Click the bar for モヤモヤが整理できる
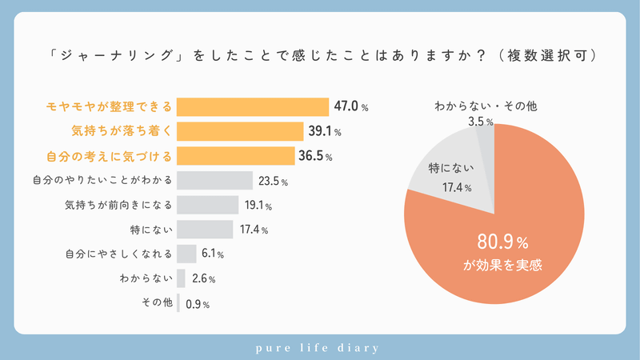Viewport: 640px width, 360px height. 252,106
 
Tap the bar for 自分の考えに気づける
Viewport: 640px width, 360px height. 235,156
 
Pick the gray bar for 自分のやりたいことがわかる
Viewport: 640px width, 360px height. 214,181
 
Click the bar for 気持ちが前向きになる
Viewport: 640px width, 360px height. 207,206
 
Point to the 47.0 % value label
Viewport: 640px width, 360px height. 351,106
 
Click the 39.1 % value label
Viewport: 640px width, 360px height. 324,131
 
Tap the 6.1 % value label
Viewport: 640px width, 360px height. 213,254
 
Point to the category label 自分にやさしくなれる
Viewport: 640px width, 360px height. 118,254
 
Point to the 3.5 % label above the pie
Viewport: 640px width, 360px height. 480,122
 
